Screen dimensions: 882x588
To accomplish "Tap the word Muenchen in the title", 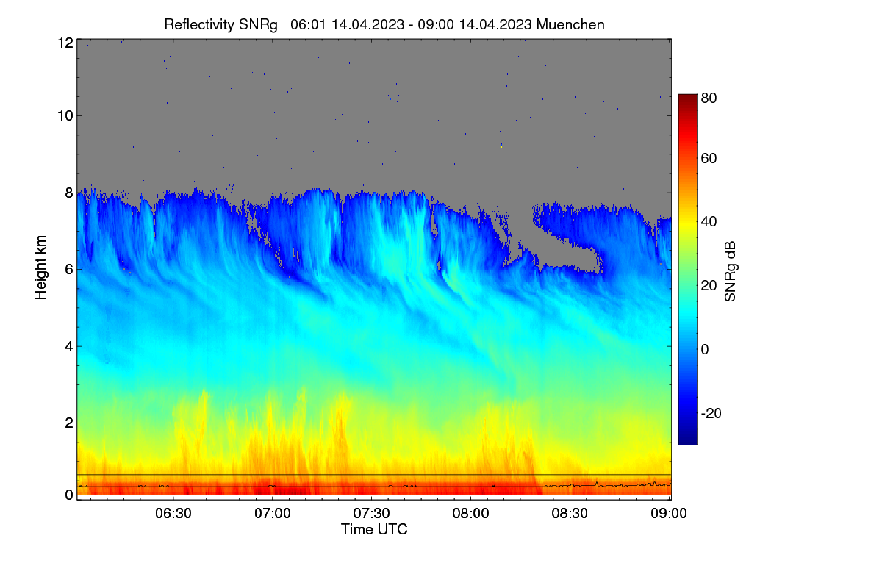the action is pyautogui.click(x=570, y=24).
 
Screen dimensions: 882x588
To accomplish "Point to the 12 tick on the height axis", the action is pyautogui.click(x=65, y=43).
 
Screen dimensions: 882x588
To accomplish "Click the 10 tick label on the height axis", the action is pyautogui.click(x=65, y=116).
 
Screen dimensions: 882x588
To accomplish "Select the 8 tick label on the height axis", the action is pyautogui.click(x=69, y=193).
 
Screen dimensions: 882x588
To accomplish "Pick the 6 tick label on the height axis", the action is pyautogui.click(x=69, y=270).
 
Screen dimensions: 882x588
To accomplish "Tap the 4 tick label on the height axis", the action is pyautogui.click(x=69, y=347).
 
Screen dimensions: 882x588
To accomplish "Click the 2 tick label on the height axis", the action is pyautogui.click(x=69, y=423).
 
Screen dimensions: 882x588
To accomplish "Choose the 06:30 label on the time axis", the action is pyautogui.click(x=173, y=513).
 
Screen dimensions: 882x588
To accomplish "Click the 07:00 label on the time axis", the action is pyautogui.click(x=273, y=513).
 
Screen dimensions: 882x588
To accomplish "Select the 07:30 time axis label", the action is pyautogui.click(x=372, y=513).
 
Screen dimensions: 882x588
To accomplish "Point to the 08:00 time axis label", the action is pyautogui.click(x=470, y=513).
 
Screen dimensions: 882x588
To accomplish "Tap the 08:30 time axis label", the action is pyautogui.click(x=570, y=513).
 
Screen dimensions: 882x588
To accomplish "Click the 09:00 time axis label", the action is pyautogui.click(x=669, y=513).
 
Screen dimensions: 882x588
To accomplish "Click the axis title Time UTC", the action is pyautogui.click(x=374, y=529).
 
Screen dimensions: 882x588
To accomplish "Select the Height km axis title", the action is pyautogui.click(x=40, y=268).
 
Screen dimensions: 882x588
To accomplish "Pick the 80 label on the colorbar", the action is pyautogui.click(x=709, y=98).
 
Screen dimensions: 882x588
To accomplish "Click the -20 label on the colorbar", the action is pyautogui.click(x=711, y=413).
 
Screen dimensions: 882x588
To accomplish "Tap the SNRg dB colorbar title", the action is pyautogui.click(x=730, y=271).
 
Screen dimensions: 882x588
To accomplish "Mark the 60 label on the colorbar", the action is pyautogui.click(x=709, y=158).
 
